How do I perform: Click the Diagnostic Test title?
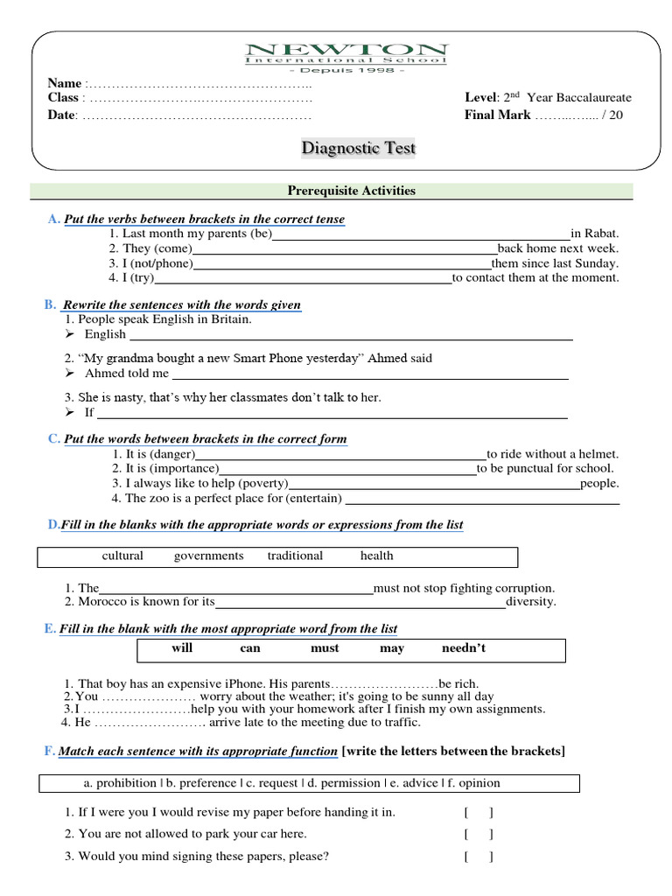tap(359, 148)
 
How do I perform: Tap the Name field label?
tap(65, 83)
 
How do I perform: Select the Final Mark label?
tap(497, 115)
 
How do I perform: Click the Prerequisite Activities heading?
tap(352, 191)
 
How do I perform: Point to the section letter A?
tap(53, 219)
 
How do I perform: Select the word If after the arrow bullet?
tap(88, 412)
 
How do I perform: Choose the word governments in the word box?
tap(208, 556)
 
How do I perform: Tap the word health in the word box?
tap(376, 556)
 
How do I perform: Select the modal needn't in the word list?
tap(463, 648)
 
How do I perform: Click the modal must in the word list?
tap(325, 648)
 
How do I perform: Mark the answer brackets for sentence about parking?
tap(479, 835)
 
